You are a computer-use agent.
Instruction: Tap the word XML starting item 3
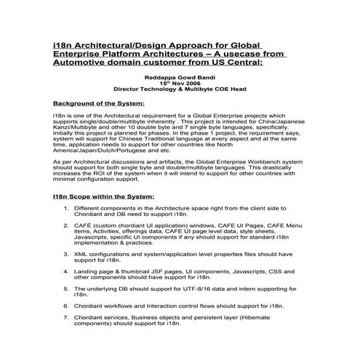81,255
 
